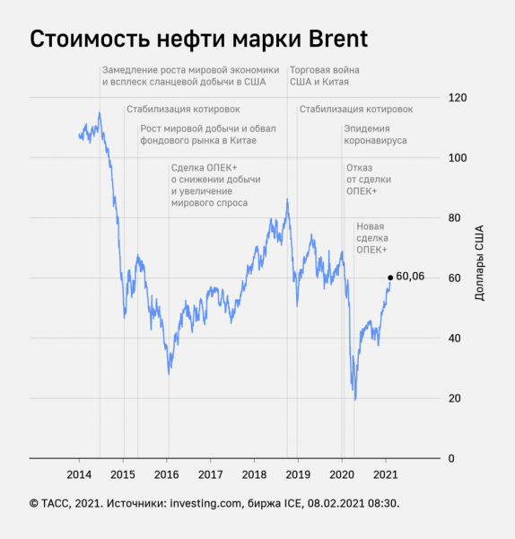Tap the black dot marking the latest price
pos(389,278)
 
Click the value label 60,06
pos(409,278)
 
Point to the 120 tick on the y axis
pos(458,98)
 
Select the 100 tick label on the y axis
pos(458,158)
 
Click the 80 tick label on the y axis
pos(455,218)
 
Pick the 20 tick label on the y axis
pos(455,398)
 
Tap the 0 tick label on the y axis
pos(452,458)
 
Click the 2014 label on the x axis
pos(79,474)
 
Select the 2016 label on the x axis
pos(167,474)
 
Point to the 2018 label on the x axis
pos(255,474)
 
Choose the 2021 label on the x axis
pos(386,474)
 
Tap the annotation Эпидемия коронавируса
pos(375,135)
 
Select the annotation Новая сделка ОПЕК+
pos(372,238)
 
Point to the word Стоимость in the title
pos(83,40)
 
